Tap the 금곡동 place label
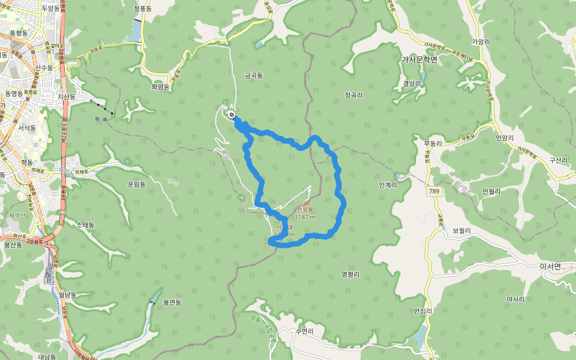[x=254, y=76]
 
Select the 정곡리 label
[x=355, y=95]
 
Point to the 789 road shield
[x=435, y=191]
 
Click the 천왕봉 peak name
[x=305, y=209]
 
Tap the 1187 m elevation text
[x=305, y=217]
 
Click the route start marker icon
[x=232, y=115]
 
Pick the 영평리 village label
[x=350, y=274]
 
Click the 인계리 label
[x=388, y=185]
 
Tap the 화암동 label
[x=160, y=87]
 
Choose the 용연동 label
[x=172, y=302]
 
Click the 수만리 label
[x=305, y=331]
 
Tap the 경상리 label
[x=412, y=83]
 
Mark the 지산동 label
[x=67, y=97]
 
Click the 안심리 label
[x=423, y=311]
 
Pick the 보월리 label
[x=461, y=230]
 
